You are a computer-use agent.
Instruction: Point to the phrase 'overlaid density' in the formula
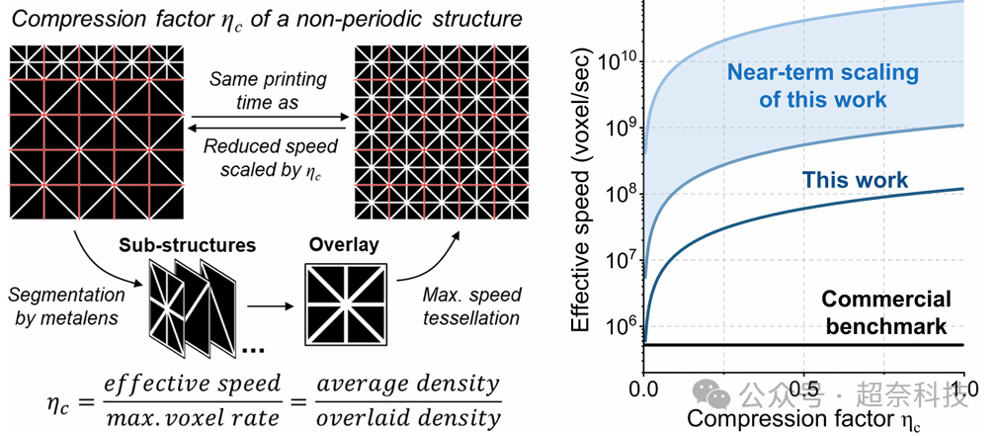[426, 417]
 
